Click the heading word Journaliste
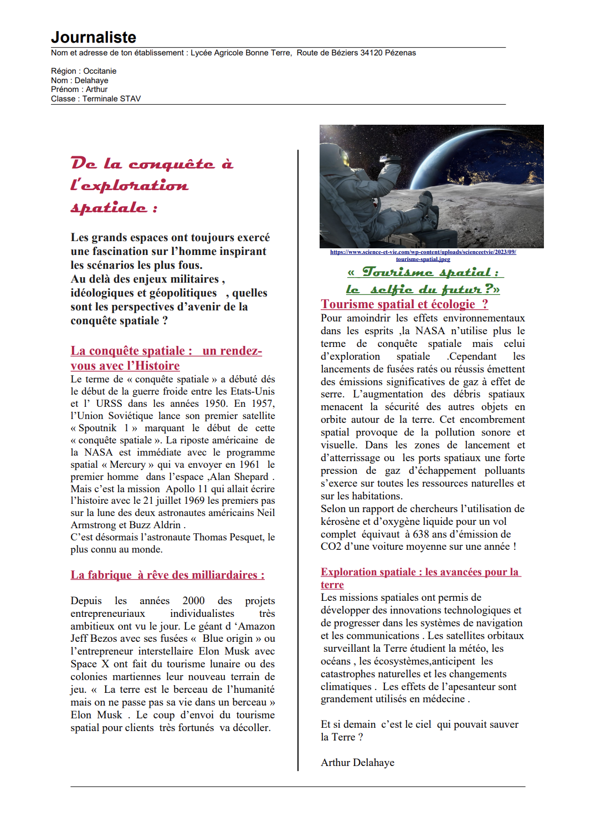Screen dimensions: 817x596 [94, 37]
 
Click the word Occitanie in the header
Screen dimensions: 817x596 [100, 71]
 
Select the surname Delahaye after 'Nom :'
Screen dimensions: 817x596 [91, 80]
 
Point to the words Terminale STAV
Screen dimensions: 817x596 [111, 99]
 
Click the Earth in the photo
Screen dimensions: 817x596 [487, 155]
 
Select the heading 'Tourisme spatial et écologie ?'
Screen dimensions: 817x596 [404, 304]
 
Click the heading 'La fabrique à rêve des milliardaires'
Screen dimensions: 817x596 [167, 575]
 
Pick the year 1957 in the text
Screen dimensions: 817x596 [263, 404]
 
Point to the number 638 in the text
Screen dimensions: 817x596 [421, 534]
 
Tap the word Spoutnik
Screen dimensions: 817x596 [97, 428]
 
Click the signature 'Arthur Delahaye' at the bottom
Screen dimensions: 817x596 [357, 763]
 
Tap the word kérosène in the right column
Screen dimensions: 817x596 [341, 522]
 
